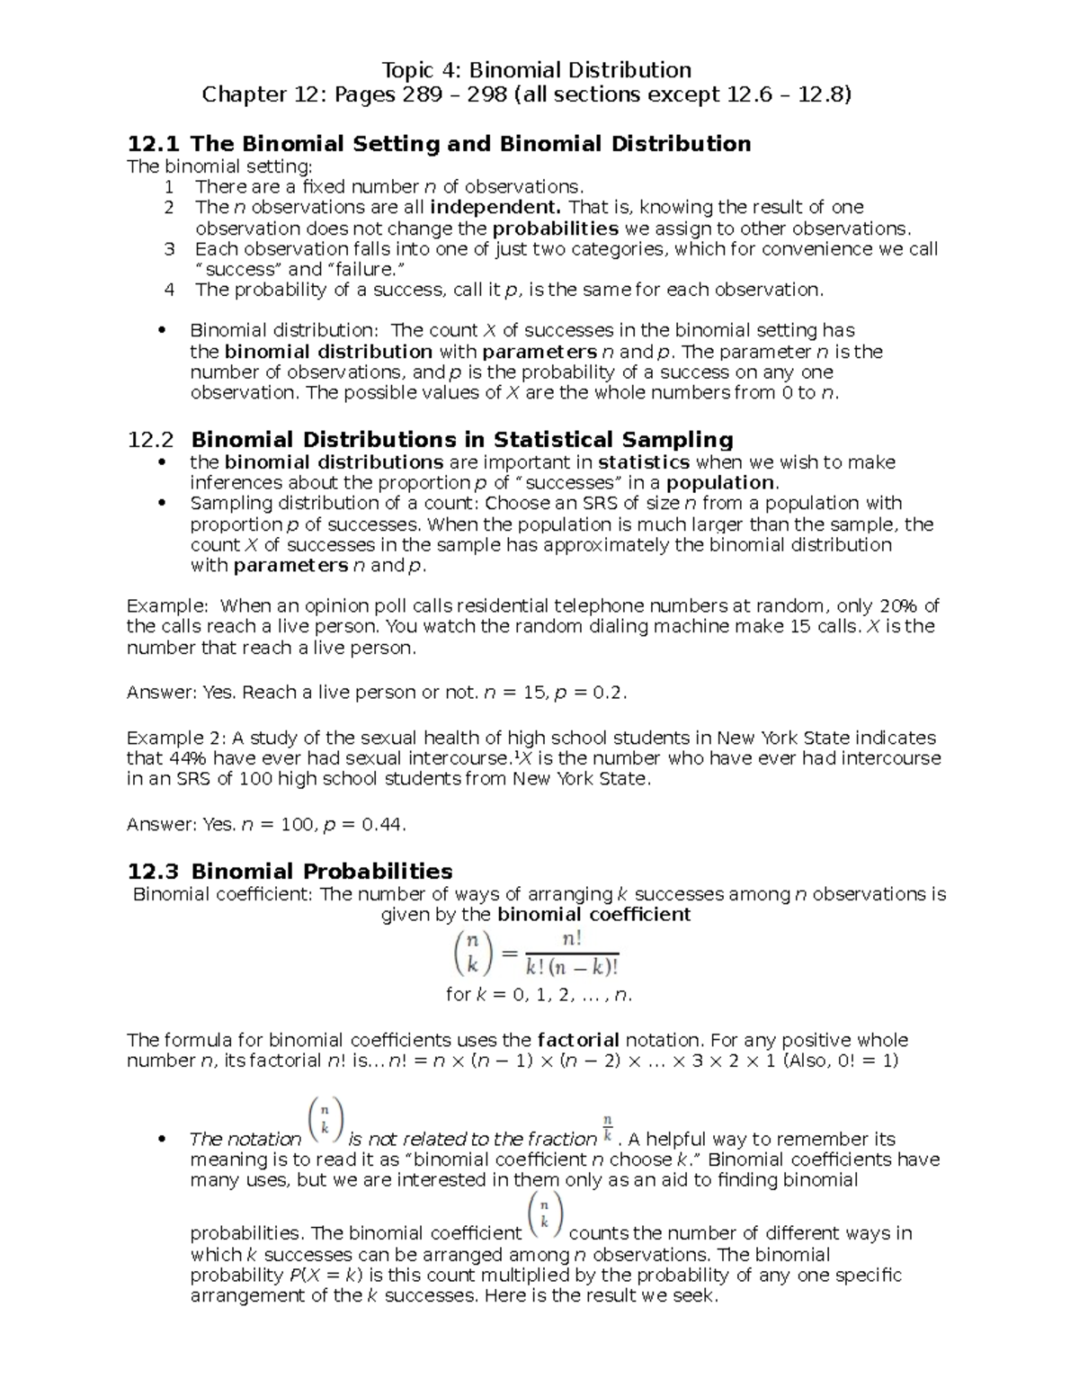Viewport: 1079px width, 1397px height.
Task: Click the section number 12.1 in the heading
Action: point(154,144)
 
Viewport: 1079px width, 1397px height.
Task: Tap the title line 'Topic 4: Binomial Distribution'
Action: point(537,70)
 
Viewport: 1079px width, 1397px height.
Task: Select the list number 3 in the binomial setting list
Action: point(169,249)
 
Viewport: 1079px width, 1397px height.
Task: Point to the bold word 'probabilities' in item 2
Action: point(555,228)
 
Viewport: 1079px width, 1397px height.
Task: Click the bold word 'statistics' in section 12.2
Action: point(644,462)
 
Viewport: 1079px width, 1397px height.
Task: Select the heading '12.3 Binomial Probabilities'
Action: point(290,871)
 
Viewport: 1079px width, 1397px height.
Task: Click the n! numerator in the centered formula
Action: point(572,939)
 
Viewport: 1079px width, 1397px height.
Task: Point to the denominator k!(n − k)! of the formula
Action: point(572,968)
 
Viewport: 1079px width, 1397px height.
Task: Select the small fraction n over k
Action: point(608,1125)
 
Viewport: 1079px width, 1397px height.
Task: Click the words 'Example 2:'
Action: point(176,738)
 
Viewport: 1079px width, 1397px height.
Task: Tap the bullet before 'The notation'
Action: point(162,1139)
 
